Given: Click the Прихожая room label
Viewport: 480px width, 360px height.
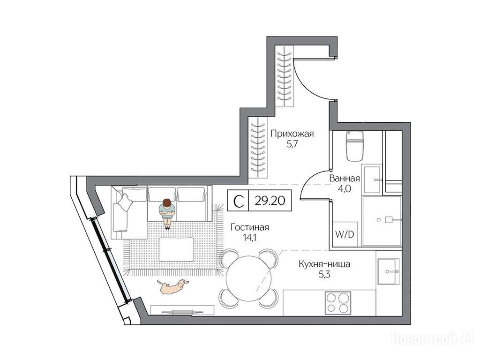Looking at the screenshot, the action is point(292,134).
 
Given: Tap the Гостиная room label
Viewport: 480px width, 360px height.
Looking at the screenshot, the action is point(250,227).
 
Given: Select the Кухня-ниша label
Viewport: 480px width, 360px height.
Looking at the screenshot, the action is point(324,264).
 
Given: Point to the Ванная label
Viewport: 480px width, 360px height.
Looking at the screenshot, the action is point(345,179).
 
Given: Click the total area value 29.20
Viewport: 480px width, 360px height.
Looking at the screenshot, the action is point(270,201).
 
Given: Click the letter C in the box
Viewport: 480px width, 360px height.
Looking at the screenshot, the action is point(239,201).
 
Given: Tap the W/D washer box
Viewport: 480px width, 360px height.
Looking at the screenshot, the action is point(345,234).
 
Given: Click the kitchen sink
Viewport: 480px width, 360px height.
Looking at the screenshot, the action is point(388,271).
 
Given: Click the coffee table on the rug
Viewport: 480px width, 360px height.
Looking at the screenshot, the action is point(176,249).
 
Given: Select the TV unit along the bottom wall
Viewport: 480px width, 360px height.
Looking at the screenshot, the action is point(183,310).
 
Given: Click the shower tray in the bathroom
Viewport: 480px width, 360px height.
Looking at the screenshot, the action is point(382,221).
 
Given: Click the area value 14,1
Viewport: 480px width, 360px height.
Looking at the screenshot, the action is point(249,238).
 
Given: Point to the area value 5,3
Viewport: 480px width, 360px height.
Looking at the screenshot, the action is point(324,274).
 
